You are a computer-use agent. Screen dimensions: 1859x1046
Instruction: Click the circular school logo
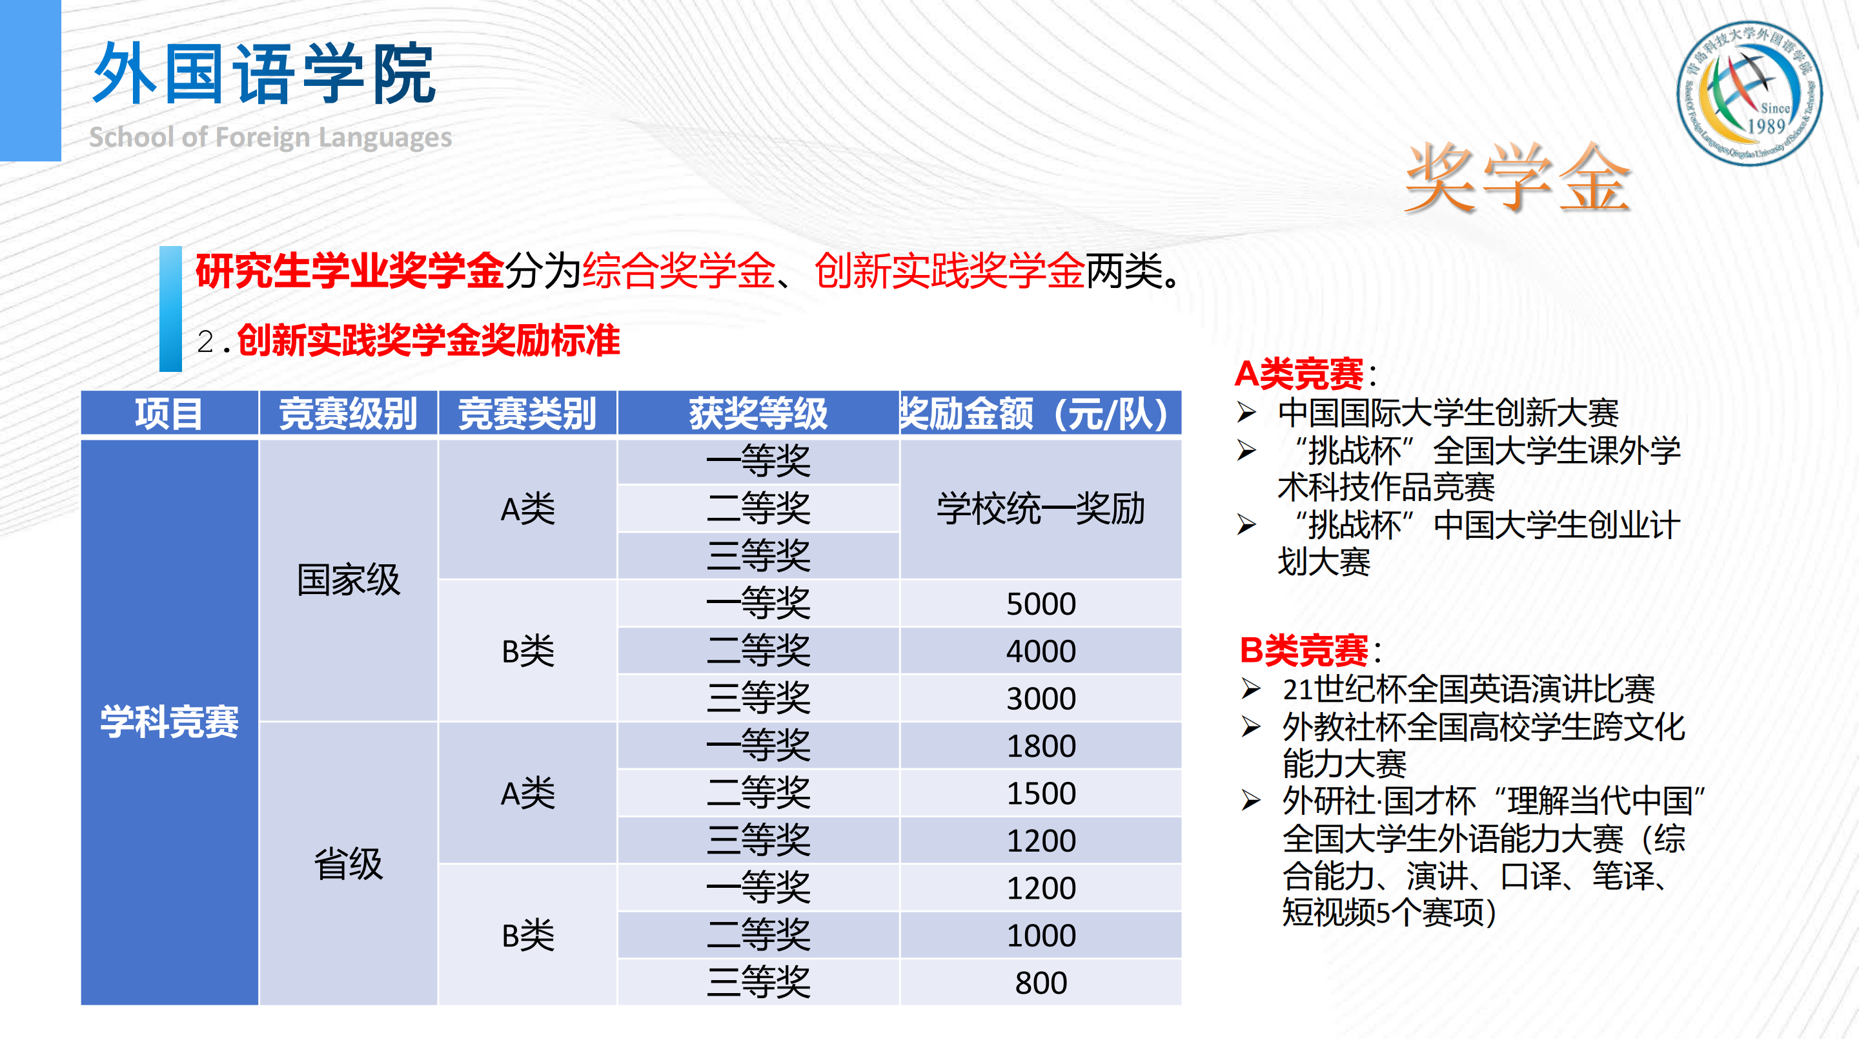point(1749,93)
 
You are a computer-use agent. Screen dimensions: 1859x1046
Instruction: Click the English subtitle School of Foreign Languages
point(270,137)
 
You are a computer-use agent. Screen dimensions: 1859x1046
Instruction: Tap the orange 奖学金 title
point(1517,178)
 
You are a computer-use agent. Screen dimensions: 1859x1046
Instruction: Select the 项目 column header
point(170,414)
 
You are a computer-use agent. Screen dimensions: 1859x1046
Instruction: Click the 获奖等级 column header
point(758,414)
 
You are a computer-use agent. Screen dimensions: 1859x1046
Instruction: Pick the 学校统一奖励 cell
point(1041,509)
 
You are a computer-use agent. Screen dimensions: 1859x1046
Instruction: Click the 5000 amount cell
point(1041,604)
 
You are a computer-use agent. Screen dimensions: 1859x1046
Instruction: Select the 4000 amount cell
point(1041,651)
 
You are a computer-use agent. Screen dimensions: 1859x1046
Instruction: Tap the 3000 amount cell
point(1041,698)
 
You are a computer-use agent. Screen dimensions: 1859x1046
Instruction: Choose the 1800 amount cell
point(1041,746)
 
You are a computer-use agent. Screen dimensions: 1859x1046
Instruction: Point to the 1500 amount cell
point(1041,794)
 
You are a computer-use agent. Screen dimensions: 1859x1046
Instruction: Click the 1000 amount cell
point(1041,936)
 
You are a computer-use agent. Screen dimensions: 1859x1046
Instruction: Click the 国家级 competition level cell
point(349,580)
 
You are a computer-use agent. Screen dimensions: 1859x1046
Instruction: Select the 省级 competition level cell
point(349,864)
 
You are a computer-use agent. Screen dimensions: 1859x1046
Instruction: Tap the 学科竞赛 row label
point(170,722)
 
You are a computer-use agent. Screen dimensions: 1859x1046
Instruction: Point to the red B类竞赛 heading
point(1303,650)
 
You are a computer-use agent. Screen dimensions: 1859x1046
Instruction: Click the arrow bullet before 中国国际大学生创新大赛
point(1246,412)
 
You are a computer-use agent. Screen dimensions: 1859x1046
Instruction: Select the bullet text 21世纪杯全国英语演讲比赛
point(1468,690)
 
